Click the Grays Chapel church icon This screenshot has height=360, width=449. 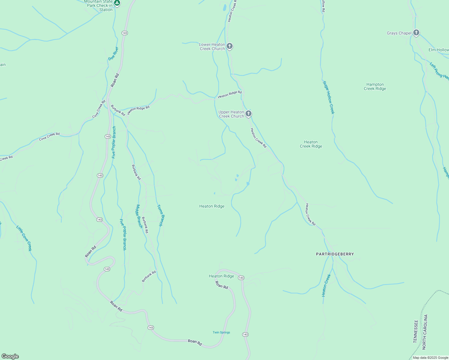[x=416, y=32]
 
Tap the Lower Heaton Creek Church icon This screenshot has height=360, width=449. [x=230, y=46]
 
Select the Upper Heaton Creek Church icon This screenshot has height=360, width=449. [x=248, y=114]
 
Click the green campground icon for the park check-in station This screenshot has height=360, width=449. [x=117, y=3]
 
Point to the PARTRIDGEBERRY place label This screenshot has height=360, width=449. [x=335, y=254]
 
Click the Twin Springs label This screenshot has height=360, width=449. [x=221, y=332]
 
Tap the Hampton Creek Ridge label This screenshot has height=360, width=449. [x=375, y=86]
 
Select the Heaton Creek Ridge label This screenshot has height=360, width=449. [x=311, y=144]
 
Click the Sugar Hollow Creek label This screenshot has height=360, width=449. [x=328, y=97]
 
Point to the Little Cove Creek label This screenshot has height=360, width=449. [x=24, y=238]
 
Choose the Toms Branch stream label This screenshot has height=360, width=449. [x=161, y=215]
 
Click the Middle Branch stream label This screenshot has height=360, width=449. [x=139, y=216]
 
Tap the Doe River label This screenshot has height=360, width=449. [x=113, y=53]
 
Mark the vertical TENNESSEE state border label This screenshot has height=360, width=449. [x=416, y=331]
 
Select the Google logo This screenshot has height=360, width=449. [x=10, y=356]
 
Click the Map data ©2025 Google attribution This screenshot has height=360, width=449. [x=430, y=358]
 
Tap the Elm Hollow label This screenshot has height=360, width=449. [x=438, y=50]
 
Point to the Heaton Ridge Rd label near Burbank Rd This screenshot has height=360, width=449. [x=138, y=110]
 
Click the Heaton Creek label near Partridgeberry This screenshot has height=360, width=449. [x=326, y=285]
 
